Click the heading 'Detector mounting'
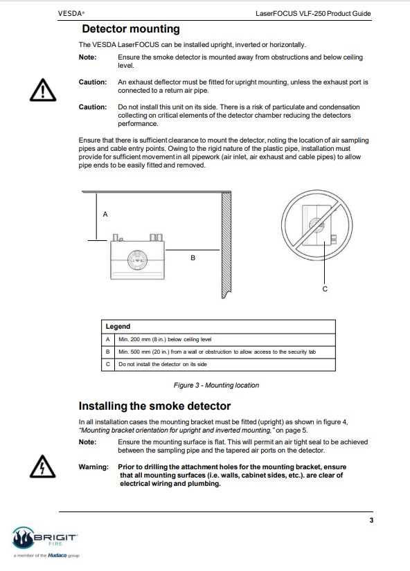click(x=131, y=29)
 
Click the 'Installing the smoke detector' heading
click(x=154, y=406)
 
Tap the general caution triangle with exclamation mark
click(x=43, y=89)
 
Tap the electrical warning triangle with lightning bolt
click(x=43, y=466)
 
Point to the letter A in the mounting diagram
click(x=105, y=214)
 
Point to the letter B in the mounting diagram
click(x=193, y=258)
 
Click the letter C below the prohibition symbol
click(x=325, y=289)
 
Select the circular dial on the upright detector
click(x=137, y=260)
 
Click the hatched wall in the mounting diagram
click(x=226, y=245)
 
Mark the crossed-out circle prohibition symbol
click(x=317, y=225)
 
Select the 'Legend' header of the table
click(x=118, y=326)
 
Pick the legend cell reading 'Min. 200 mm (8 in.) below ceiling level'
click(x=165, y=339)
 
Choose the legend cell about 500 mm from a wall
click(x=217, y=352)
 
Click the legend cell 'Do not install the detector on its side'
click(x=163, y=364)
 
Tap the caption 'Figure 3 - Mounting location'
click(x=216, y=385)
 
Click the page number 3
click(x=371, y=520)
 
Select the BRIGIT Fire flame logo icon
click(x=23, y=538)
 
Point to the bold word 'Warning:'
click(x=93, y=466)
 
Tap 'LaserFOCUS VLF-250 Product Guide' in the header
click(x=313, y=13)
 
